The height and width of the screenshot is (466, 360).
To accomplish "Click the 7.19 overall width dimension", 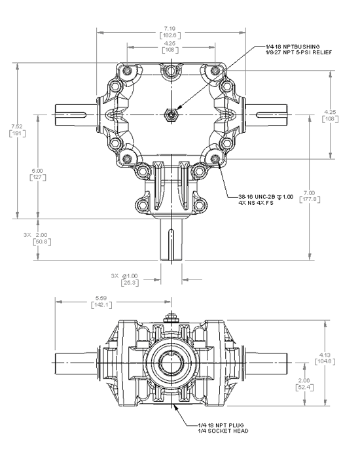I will (170, 28).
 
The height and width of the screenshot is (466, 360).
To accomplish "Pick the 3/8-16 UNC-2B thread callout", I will (264, 197).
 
